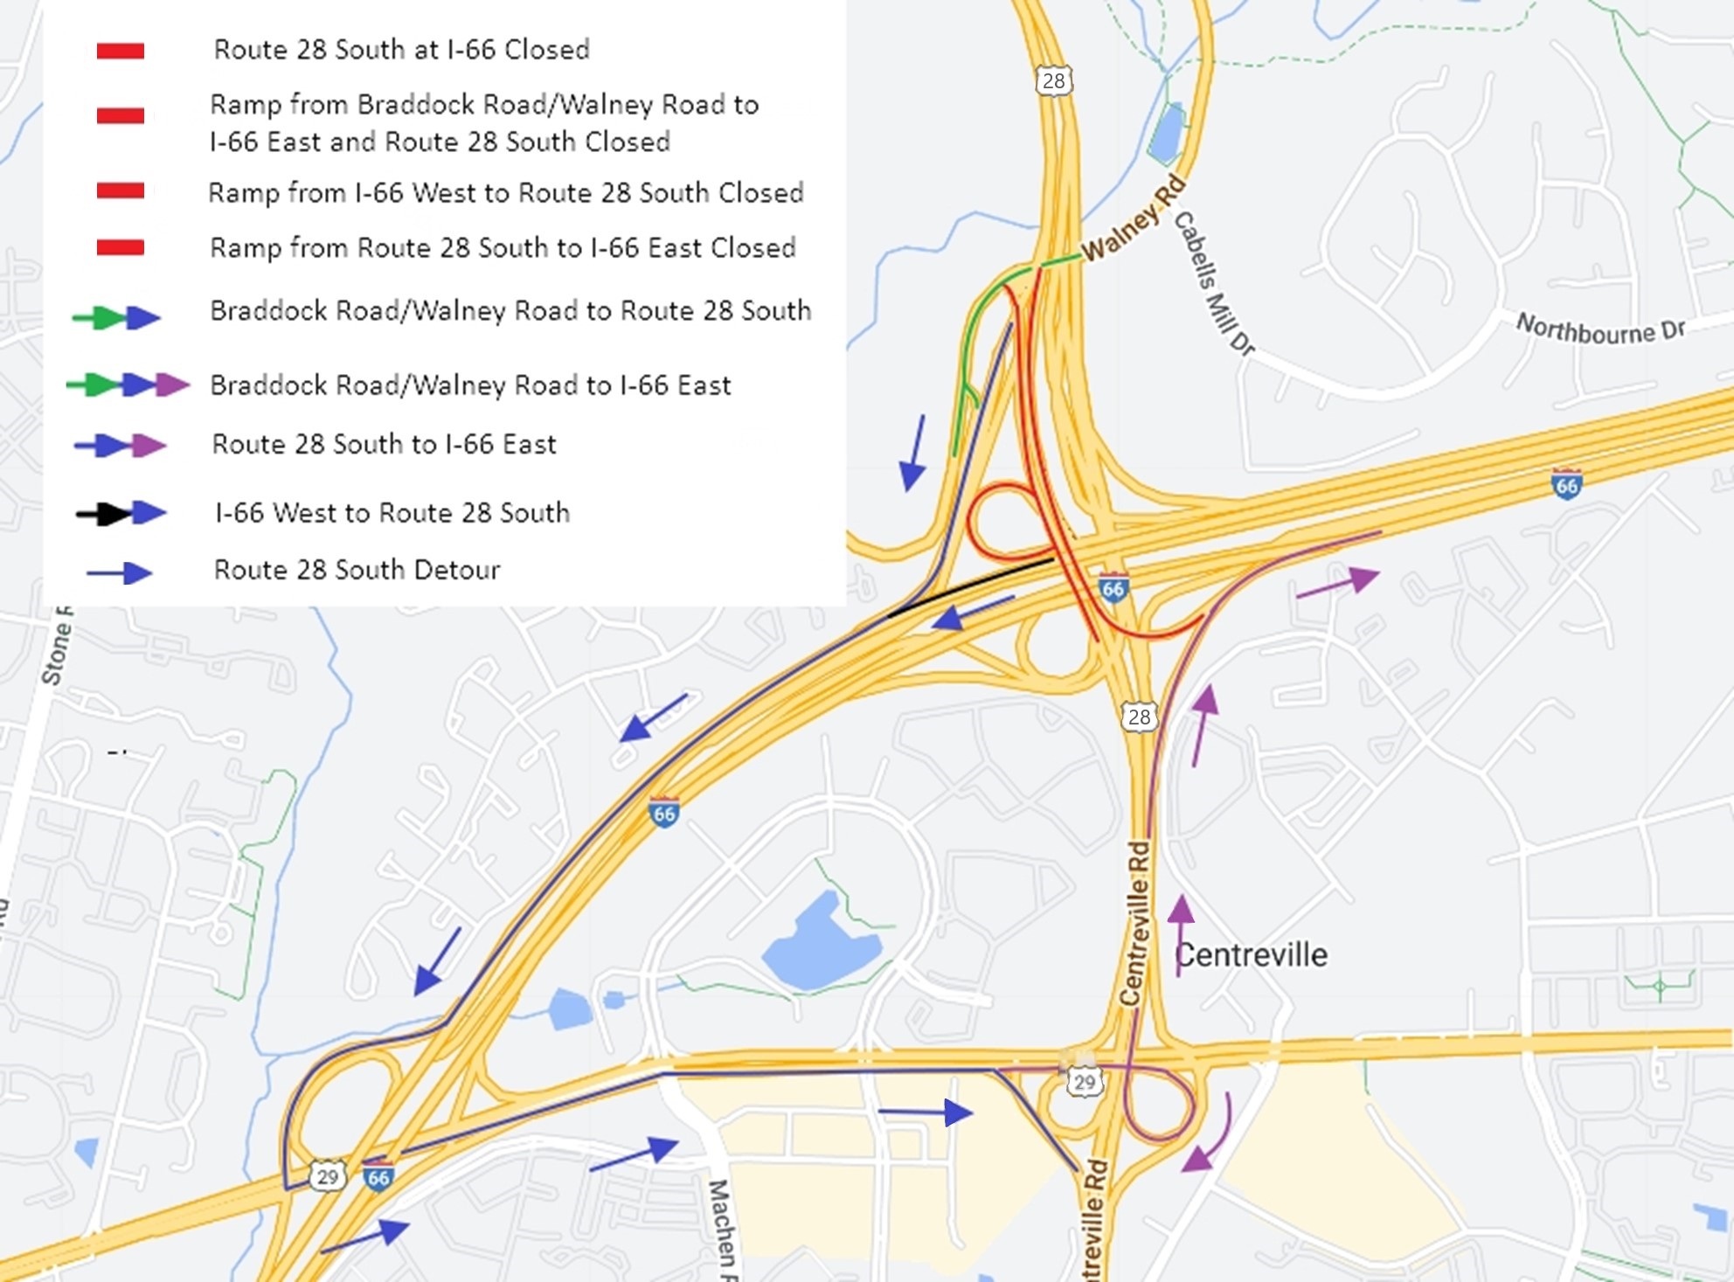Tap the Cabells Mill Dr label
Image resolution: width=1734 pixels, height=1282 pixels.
coord(1213,283)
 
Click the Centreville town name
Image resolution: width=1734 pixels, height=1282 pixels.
coord(1251,955)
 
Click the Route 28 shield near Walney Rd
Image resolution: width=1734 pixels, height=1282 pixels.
coord(1054,81)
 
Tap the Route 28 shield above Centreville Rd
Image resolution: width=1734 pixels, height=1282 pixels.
coord(1139,717)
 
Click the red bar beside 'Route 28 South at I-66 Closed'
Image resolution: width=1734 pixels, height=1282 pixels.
coord(121,51)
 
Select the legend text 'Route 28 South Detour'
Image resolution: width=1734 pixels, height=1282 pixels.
coord(357,570)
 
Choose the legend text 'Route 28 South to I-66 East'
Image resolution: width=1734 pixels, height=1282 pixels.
coord(384,444)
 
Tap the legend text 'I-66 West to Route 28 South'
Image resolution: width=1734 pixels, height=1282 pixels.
coord(392,512)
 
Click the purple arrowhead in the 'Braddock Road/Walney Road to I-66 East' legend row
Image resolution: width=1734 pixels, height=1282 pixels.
coord(171,385)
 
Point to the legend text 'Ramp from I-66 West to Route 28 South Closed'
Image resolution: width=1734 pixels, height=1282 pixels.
coord(505,193)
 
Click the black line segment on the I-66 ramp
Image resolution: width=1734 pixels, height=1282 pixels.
coord(970,587)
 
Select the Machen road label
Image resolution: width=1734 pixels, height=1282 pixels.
coord(722,1228)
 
